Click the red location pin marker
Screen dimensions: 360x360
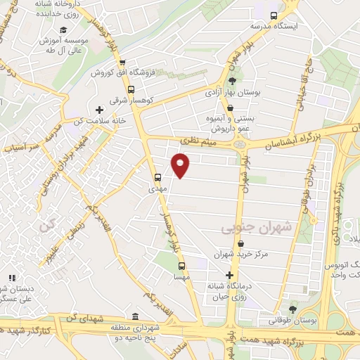(x=181, y=167)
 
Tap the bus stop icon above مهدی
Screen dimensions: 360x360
(x=157, y=178)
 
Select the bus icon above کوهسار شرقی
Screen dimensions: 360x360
(x=131, y=89)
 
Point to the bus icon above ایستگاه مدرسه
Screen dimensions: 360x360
(x=274, y=15)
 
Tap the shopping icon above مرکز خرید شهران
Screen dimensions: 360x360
(x=240, y=243)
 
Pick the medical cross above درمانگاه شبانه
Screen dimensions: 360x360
(x=229, y=275)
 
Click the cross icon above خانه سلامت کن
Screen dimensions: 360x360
(x=99, y=110)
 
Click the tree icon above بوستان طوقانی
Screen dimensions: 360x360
(x=292, y=309)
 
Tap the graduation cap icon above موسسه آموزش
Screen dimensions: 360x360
(x=63, y=30)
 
